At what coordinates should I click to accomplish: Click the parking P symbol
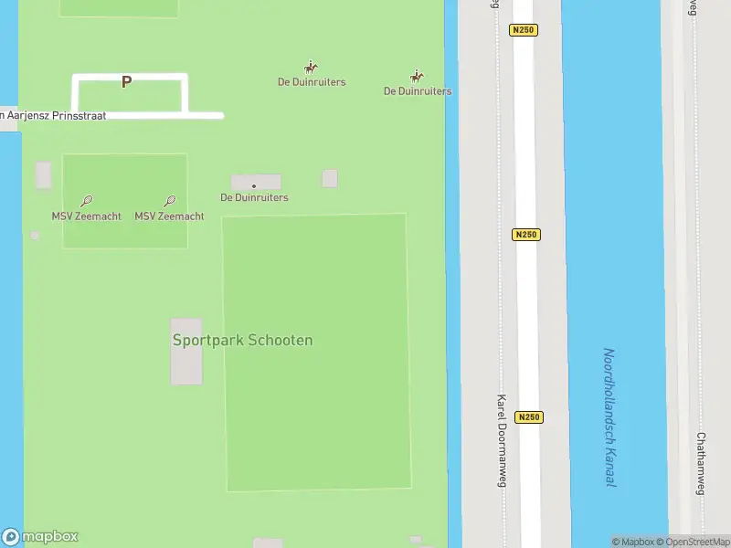pos(126,82)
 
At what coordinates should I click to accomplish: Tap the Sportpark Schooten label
pos(242,340)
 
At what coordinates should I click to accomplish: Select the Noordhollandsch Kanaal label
pos(609,416)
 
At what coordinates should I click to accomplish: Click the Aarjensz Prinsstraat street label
pos(55,116)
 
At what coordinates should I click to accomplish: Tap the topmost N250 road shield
pos(524,30)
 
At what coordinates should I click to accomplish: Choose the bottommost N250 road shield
pos(529,417)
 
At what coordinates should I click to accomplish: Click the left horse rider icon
pos(311,68)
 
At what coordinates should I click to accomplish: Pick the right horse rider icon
pos(417,77)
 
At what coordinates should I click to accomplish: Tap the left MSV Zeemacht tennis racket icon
pos(86,201)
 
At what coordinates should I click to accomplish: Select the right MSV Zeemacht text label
pos(169,216)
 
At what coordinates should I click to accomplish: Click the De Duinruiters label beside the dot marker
pos(254,197)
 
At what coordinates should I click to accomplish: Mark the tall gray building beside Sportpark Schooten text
pos(186,352)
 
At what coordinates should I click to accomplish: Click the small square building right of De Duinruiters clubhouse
pos(330,178)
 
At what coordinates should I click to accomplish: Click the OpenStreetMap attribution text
pos(698,542)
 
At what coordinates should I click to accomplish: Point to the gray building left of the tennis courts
pos(44,174)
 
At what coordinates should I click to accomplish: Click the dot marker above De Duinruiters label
pos(254,186)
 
